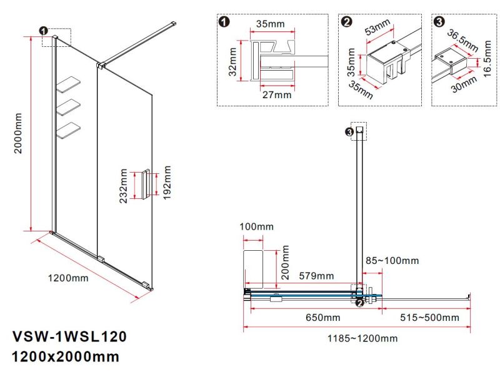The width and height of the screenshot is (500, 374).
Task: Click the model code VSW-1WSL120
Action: [69, 337]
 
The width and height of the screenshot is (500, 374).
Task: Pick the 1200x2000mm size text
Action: [66, 358]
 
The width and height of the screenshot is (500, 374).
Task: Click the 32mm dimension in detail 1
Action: [232, 61]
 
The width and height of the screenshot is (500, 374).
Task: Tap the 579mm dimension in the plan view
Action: [316, 276]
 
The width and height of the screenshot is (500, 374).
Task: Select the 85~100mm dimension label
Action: [392, 260]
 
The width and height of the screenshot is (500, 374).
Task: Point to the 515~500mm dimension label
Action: [431, 318]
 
